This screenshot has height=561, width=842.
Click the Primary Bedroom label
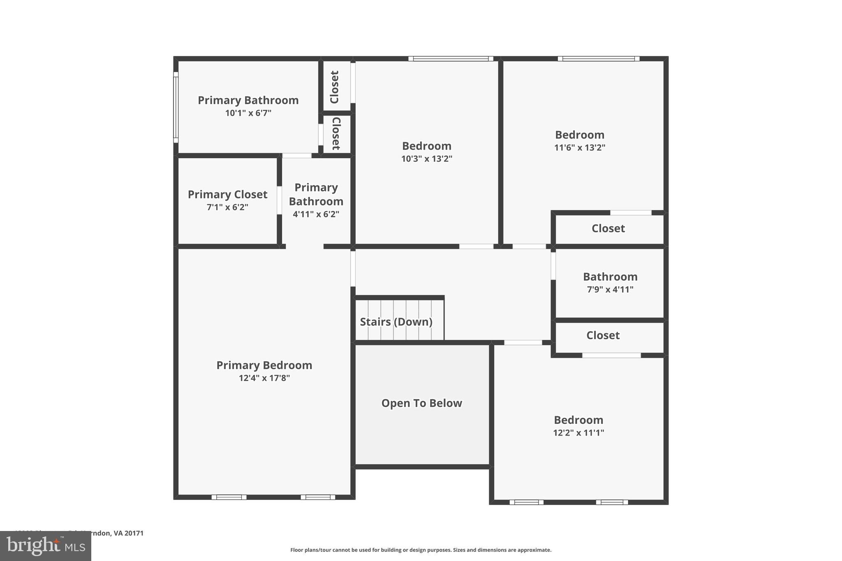pos(264,365)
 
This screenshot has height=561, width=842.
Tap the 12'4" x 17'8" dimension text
pos(264,378)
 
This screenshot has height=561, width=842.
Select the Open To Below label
pos(421,403)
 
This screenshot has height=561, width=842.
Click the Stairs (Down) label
pos(396,322)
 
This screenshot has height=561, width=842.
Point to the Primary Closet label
pos(227,194)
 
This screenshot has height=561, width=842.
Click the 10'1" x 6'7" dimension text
pos(248,113)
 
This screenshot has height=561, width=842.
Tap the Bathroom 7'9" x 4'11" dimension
pos(610,289)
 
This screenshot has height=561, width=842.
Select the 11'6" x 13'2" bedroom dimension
pos(579,148)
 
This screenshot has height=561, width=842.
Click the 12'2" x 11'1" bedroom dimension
pos(578,433)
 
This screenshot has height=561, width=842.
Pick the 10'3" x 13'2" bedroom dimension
pos(426,159)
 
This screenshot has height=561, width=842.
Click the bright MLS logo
pos(46,546)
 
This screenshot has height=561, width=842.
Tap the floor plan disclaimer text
pos(421,550)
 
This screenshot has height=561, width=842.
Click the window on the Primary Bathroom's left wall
pos(176,107)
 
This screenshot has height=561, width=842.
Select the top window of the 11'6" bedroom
pos(598,59)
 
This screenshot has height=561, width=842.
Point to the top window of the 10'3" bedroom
pos(451,59)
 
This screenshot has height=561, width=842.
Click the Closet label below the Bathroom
pos(603,335)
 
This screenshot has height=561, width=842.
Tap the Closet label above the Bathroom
pos(608,229)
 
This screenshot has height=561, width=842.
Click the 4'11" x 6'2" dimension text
pos(316,214)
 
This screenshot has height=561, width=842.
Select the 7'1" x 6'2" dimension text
pos(227,207)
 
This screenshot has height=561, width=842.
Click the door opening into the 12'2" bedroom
pos(523,342)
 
